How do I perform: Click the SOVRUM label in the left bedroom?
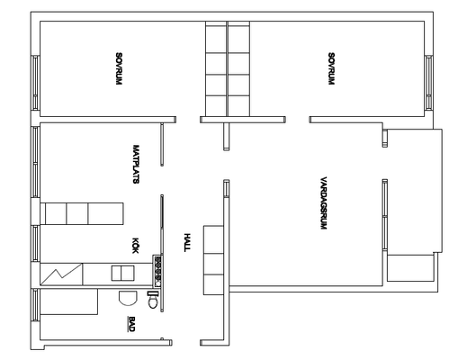[119, 69]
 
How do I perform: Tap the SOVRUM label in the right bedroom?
[331, 69]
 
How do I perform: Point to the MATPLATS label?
[136, 164]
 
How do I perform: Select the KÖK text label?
[136, 246]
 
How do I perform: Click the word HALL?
[187, 242]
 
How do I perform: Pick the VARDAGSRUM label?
[324, 203]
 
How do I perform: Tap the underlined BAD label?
[131, 324]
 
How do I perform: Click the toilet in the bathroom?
[153, 300]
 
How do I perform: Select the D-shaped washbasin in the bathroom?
[128, 298]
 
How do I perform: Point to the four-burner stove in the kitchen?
[157, 271]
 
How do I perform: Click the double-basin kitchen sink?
[123, 274]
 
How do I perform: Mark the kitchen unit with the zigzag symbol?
[61, 274]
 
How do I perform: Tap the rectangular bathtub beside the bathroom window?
[69, 301]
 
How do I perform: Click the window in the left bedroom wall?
[35, 83]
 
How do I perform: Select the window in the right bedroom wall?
[428, 83]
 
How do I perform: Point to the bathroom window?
[35, 305]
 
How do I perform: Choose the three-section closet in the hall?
[213, 260]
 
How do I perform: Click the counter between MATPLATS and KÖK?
[82, 213]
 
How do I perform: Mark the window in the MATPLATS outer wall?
[35, 162]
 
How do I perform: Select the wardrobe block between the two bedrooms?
[228, 68]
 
